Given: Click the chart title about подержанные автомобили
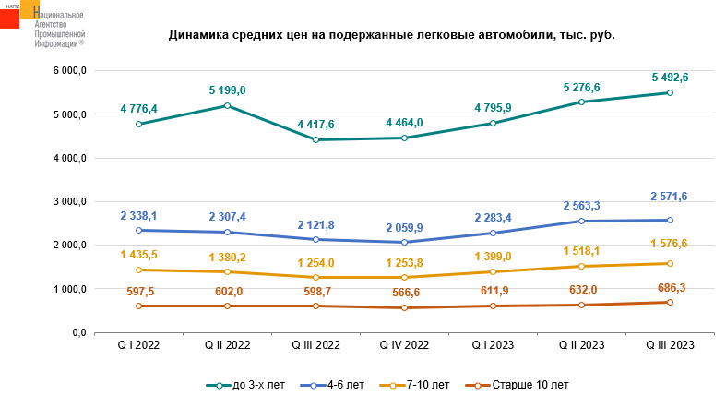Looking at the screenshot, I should (x=391, y=35).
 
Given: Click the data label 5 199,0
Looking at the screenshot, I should (x=227, y=90).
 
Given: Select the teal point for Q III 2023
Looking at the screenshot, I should (x=670, y=93).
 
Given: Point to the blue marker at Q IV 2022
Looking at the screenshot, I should (x=404, y=243).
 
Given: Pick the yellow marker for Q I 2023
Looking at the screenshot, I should (x=493, y=271).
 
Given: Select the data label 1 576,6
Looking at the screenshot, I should (x=670, y=244).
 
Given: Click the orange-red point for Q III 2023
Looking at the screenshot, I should (x=670, y=303).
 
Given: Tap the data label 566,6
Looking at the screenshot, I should (x=404, y=291).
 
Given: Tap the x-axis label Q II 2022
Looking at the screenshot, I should (x=227, y=344).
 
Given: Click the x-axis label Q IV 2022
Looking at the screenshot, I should (x=404, y=344).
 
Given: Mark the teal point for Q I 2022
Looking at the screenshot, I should (x=138, y=124).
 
